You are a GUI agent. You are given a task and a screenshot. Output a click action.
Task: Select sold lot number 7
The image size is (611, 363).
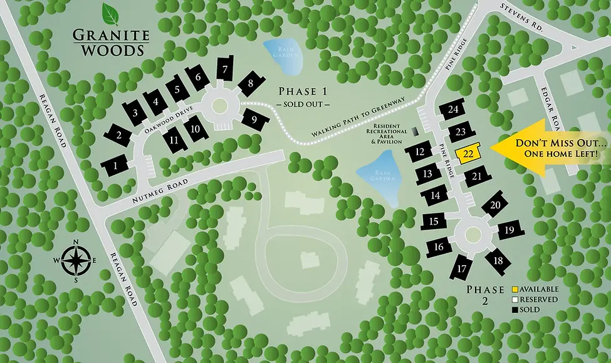[224, 70]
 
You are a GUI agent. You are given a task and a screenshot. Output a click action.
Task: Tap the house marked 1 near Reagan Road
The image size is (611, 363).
[115, 165]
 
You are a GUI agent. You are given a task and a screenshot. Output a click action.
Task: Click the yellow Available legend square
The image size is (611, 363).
[515, 290]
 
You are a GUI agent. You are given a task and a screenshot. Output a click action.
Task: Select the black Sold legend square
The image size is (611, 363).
[515, 309]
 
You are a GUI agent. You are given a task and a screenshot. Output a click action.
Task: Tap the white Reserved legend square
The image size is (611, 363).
[515, 299]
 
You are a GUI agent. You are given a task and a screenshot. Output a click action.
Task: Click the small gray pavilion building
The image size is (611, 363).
[415, 131]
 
